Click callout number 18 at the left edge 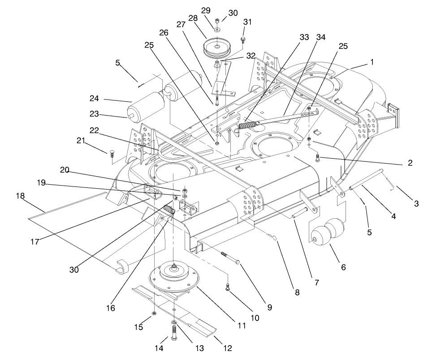tap(20, 196)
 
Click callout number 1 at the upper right tap(372, 61)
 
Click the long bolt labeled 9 tap(230, 257)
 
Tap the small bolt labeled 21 tap(111, 153)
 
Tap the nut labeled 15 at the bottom tap(154, 313)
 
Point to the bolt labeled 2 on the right tap(318, 157)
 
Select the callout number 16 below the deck tap(110, 308)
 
